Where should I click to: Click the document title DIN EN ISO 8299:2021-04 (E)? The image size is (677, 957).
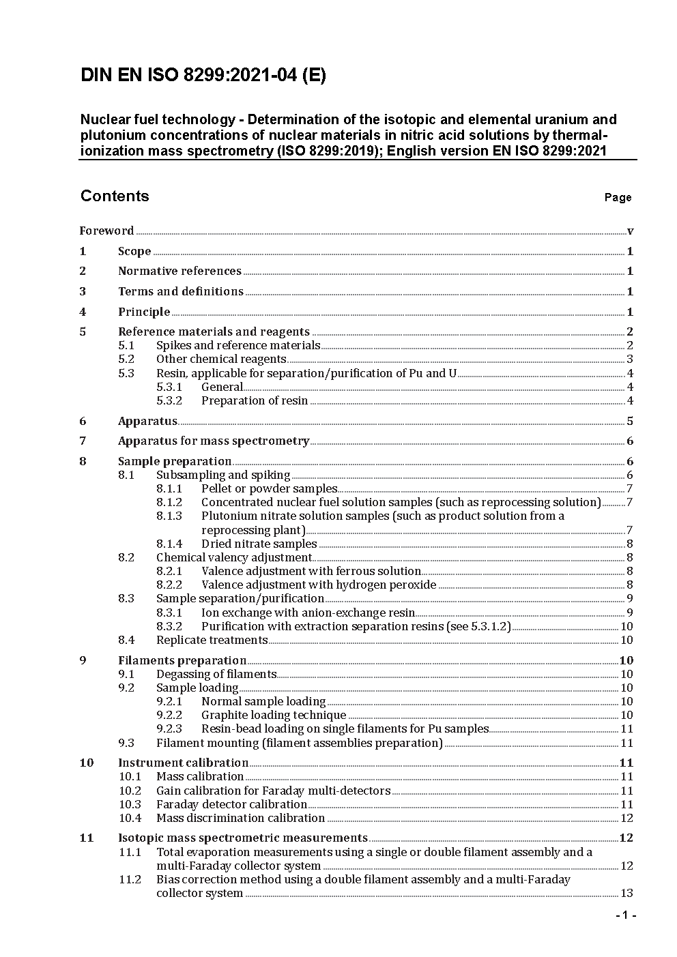click(203, 75)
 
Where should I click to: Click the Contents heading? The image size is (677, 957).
click(114, 196)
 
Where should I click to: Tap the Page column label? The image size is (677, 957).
click(618, 197)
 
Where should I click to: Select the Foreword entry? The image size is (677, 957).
click(106, 231)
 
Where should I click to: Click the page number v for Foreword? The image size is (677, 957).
click(630, 231)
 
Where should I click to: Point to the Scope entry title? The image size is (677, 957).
click(134, 251)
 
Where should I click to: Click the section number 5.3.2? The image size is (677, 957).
click(169, 400)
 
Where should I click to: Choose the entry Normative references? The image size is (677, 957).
click(179, 271)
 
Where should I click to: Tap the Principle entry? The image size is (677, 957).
click(144, 312)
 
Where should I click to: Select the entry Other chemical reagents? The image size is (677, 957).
click(221, 359)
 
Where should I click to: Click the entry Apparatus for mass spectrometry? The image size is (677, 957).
click(214, 441)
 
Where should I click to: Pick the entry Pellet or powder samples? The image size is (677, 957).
click(269, 488)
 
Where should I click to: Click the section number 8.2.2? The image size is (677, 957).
click(169, 585)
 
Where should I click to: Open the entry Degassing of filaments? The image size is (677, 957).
click(216, 674)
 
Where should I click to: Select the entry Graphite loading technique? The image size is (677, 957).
click(274, 715)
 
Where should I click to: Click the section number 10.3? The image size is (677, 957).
click(130, 804)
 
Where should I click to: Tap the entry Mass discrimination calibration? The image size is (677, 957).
click(240, 818)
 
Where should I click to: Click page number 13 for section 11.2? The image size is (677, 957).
click(626, 893)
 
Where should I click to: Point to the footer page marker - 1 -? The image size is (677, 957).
click(625, 915)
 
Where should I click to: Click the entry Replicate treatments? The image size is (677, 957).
click(212, 640)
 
